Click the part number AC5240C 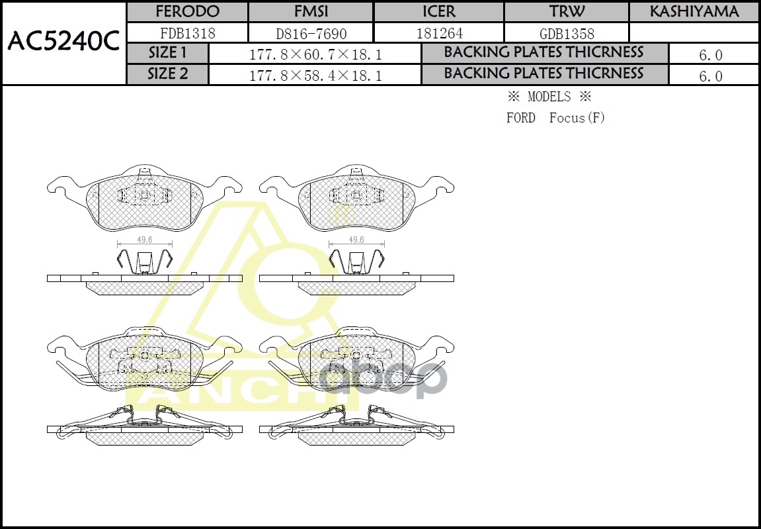tap(63, 42)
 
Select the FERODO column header tap(187, 12)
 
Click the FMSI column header tap(311, 12)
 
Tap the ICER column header tap(439, 12)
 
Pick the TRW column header tap(567, 12)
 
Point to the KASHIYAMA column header tap(694, 12)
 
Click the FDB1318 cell tap(188, 33)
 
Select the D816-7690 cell tap(311, 33)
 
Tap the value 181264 tap(439, 33)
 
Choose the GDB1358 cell tap(567, 33)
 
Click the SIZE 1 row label tap(167, 53)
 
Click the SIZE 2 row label tap(167, 74)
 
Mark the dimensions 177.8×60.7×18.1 tap(315, 54)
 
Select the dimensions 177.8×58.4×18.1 tap(315, 75)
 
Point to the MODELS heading tap(549, 97)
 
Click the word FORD tap(521, 119)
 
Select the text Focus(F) tap(577, 119)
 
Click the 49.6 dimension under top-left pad tap(145, 240)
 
